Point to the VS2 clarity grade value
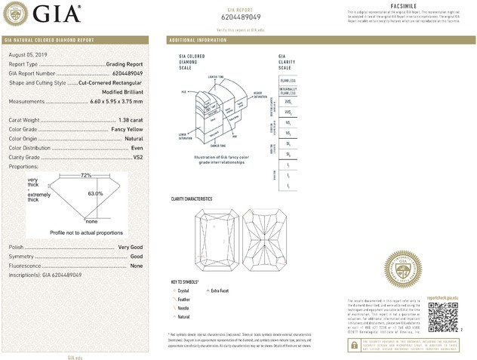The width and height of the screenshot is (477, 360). [137, 157]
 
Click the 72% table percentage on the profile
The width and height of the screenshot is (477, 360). [86, 175]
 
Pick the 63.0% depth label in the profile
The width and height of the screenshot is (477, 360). [95, 194]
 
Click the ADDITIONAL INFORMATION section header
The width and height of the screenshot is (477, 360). [198, 39]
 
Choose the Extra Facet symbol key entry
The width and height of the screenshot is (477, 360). [221, 290]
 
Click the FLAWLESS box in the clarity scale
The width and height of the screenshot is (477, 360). [288, 78]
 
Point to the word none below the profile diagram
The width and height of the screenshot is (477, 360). [91, 222]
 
